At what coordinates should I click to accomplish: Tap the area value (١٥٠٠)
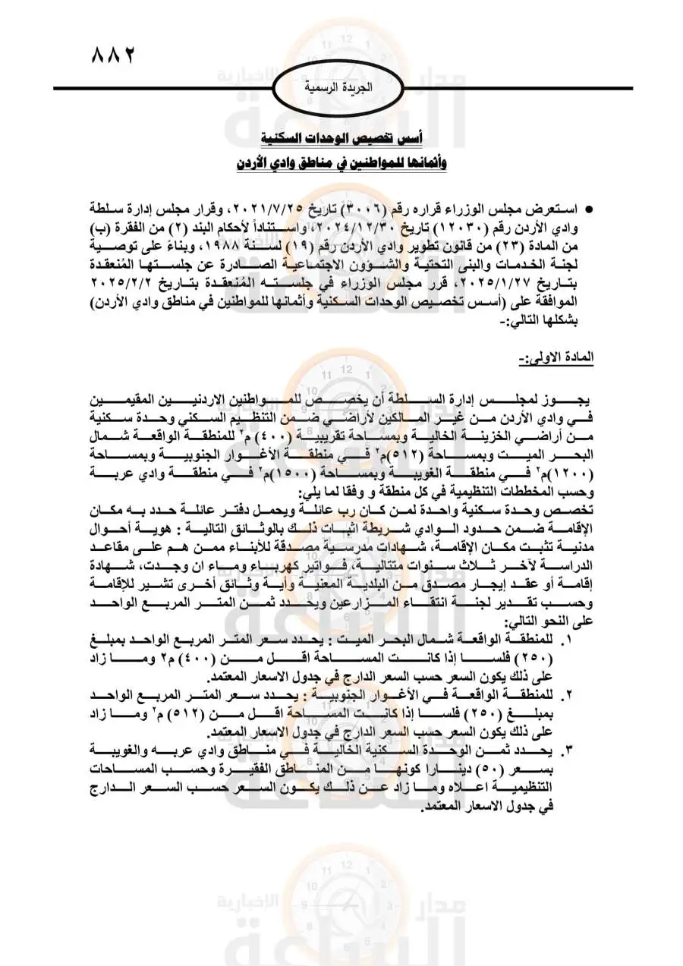pos(337,472)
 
